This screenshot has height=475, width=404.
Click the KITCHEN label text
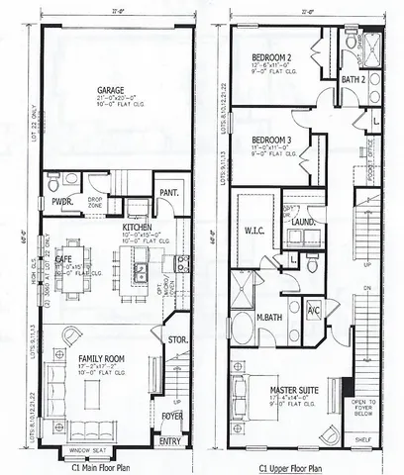tap(136, 227)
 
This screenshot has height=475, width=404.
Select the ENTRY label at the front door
tap(169, 441)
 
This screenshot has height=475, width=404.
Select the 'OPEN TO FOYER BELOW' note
tap(368, 409)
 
